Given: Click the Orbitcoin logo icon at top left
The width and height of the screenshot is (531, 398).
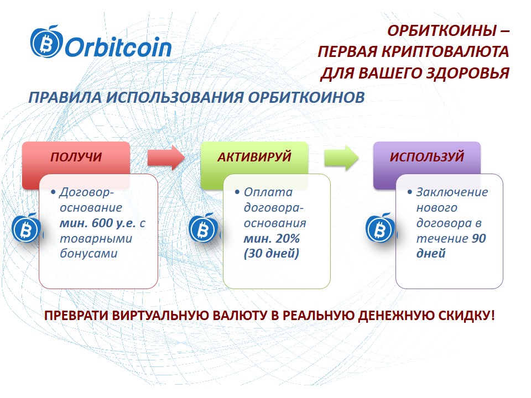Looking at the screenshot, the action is (x=46, y=41).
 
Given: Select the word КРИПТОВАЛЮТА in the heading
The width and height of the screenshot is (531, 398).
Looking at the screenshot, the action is (x=445, y=52).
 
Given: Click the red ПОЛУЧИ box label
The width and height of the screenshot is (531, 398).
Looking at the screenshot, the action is (x=76, y=157).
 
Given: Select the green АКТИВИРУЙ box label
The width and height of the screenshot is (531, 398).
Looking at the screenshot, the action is (x=254, y=156).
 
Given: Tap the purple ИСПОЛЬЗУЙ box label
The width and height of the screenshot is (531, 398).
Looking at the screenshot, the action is (x=427, y=156).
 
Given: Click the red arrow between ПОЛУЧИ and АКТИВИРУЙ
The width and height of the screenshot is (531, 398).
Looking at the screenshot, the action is (x=165, y=158).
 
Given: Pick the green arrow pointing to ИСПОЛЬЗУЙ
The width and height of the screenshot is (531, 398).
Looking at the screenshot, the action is (x=341, y=158).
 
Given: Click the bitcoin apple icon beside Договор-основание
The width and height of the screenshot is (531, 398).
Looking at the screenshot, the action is (x=26, y=228).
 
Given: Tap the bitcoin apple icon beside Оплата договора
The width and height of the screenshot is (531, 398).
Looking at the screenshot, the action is (x=203, y=228).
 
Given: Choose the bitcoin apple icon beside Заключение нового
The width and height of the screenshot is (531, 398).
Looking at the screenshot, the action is (x=380, y=228).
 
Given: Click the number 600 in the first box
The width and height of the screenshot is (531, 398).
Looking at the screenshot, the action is (x=102, y=223).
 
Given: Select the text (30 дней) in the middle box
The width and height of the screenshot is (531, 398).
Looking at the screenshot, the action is (x=271, y=254).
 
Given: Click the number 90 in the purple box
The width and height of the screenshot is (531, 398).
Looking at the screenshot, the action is (x=479, y=239).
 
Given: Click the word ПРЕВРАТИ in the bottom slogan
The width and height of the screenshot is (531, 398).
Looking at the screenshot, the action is (x=76, y=316).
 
